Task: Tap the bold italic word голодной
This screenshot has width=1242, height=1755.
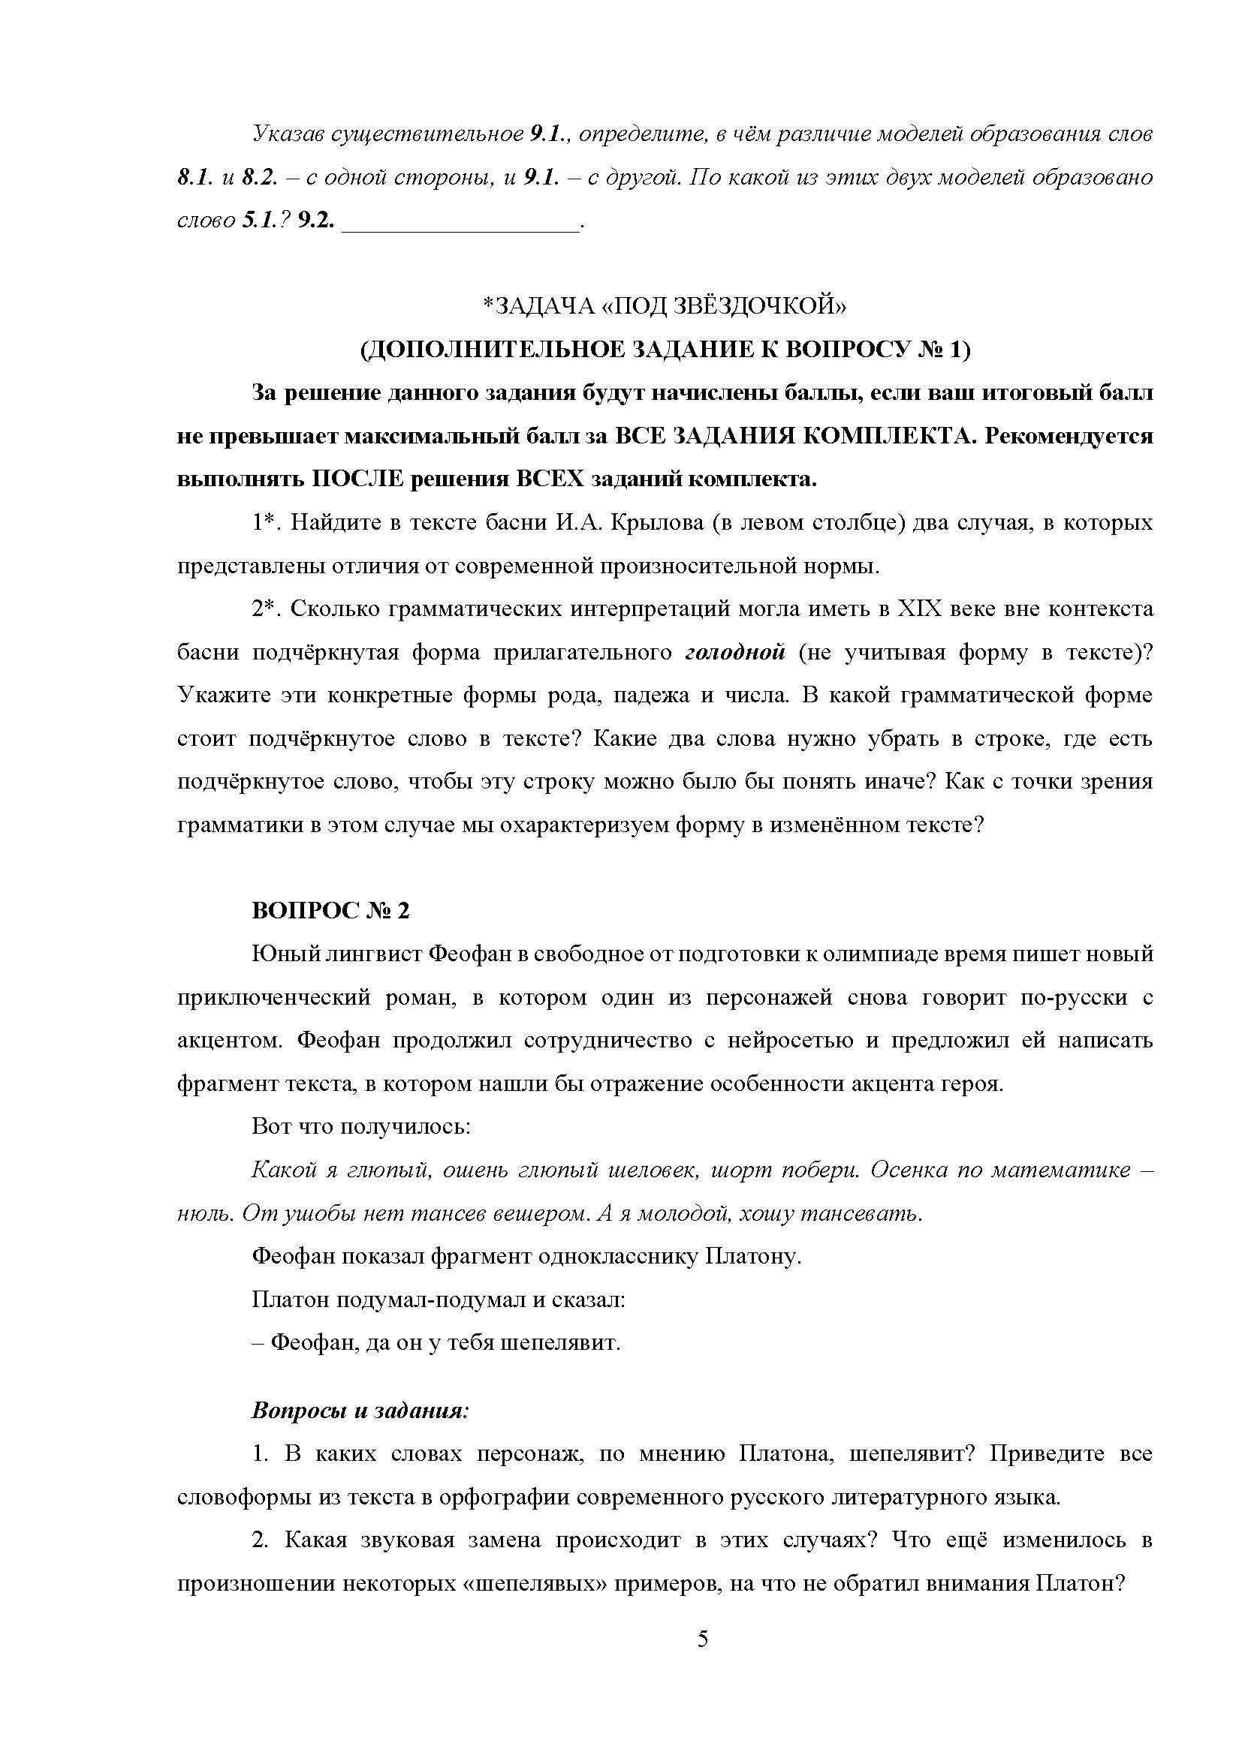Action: pyautogui.click(x=736, y=652)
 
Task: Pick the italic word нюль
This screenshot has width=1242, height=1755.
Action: pyautogui.click(x=200, y=1214)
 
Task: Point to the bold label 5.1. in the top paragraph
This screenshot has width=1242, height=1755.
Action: pyautogui.click(x=261, y=222)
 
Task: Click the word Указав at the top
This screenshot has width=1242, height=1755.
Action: pyautogui.click(x=288, y=135)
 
